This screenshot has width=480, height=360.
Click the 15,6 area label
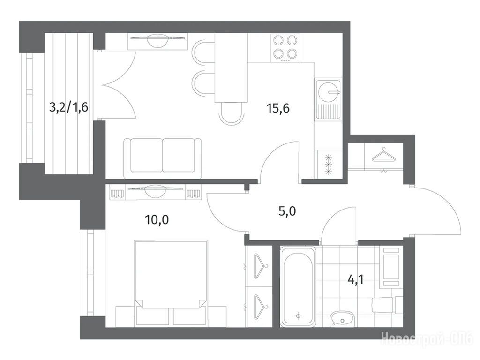pos(278,108)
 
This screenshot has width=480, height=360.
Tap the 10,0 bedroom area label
pos(157,219)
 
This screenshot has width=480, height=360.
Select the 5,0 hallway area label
pos(287,211)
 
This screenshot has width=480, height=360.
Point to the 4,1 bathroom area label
pos(356,279)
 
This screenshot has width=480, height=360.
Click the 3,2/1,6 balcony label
pos(69,107)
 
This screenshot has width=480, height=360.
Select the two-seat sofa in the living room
pos(163,158)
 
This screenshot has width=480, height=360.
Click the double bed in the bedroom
pos(171,282)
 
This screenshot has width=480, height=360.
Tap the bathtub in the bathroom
pos(298,286)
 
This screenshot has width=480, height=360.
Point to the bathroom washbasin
pos(342,319)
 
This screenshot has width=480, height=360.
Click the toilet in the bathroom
pos(387,305)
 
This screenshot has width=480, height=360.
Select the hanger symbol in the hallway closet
pos(383,155)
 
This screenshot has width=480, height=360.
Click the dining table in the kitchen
pos(231,67)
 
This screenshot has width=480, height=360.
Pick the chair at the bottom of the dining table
pos(232,113)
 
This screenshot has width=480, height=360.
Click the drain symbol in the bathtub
pos(298,316)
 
